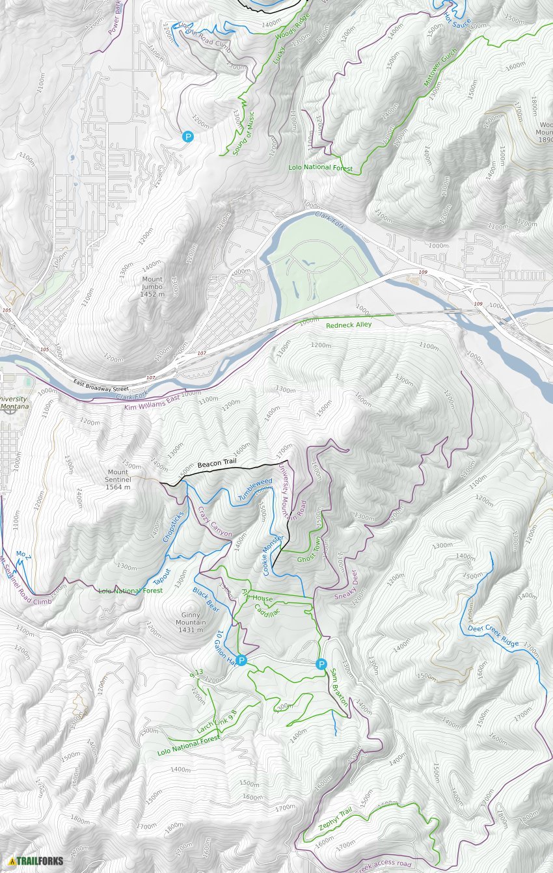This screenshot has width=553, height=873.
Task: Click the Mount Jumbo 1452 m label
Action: [152, 287]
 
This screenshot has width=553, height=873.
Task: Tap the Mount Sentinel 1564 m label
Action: [118, 479]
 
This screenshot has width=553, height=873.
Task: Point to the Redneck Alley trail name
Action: [348, 325]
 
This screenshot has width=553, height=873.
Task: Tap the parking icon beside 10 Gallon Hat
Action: [241, 661]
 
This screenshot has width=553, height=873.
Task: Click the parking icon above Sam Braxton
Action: [321, 664]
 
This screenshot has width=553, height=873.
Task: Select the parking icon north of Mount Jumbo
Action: [187, 137]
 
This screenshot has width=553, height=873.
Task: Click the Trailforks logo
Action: [36, 861]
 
